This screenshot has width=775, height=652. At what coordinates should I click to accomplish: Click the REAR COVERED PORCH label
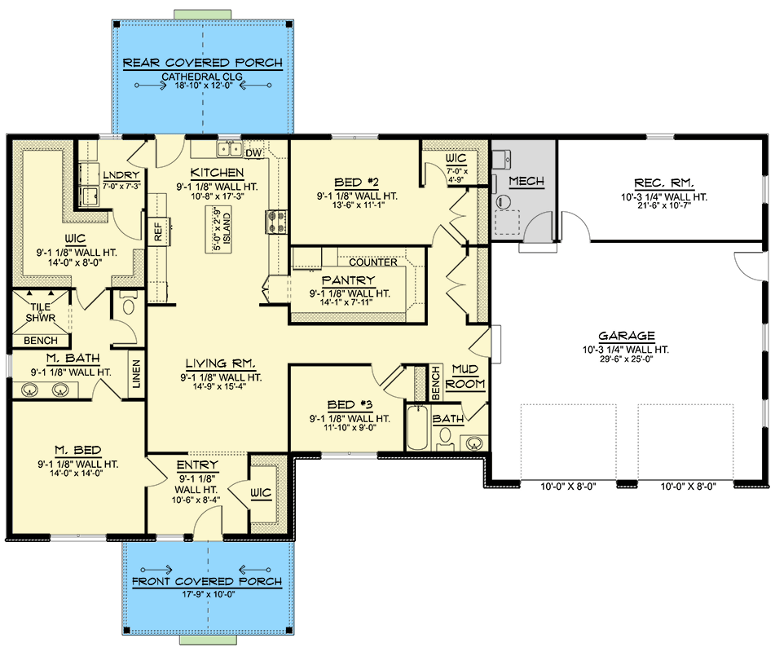[202, 63]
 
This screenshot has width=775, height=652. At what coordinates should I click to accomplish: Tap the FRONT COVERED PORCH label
[207, 581]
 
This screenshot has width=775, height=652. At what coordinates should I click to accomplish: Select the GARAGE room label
[627, 335]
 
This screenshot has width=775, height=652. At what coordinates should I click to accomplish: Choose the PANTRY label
[349, 280]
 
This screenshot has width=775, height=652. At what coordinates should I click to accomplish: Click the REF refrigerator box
[158, 232]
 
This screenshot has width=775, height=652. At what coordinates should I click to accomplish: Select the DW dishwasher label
[253, 152]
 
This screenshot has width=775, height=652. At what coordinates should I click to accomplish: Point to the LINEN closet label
[135, 376]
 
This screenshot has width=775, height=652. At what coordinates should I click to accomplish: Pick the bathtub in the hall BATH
[416, 427]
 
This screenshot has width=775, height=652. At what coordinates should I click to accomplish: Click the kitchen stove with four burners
[273, 222]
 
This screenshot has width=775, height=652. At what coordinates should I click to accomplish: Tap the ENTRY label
[196, 465]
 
